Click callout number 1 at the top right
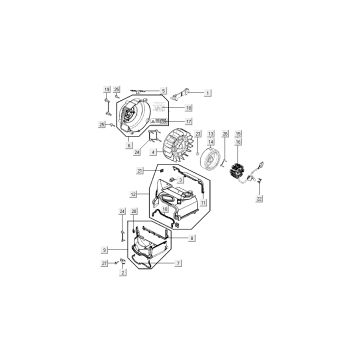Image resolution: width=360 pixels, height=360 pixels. click(208, 91)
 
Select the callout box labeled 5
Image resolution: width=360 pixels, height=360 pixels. click(163, 90)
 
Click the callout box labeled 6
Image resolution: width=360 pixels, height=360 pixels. click(129, 145)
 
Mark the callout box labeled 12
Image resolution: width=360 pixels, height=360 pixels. click(133, 193)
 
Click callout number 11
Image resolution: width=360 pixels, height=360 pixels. click(203, 204)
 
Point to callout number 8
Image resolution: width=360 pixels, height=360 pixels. click(191, 238)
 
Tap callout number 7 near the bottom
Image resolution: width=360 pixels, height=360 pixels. click(178, 263)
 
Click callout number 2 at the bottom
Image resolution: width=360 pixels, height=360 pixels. click(124, 273)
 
